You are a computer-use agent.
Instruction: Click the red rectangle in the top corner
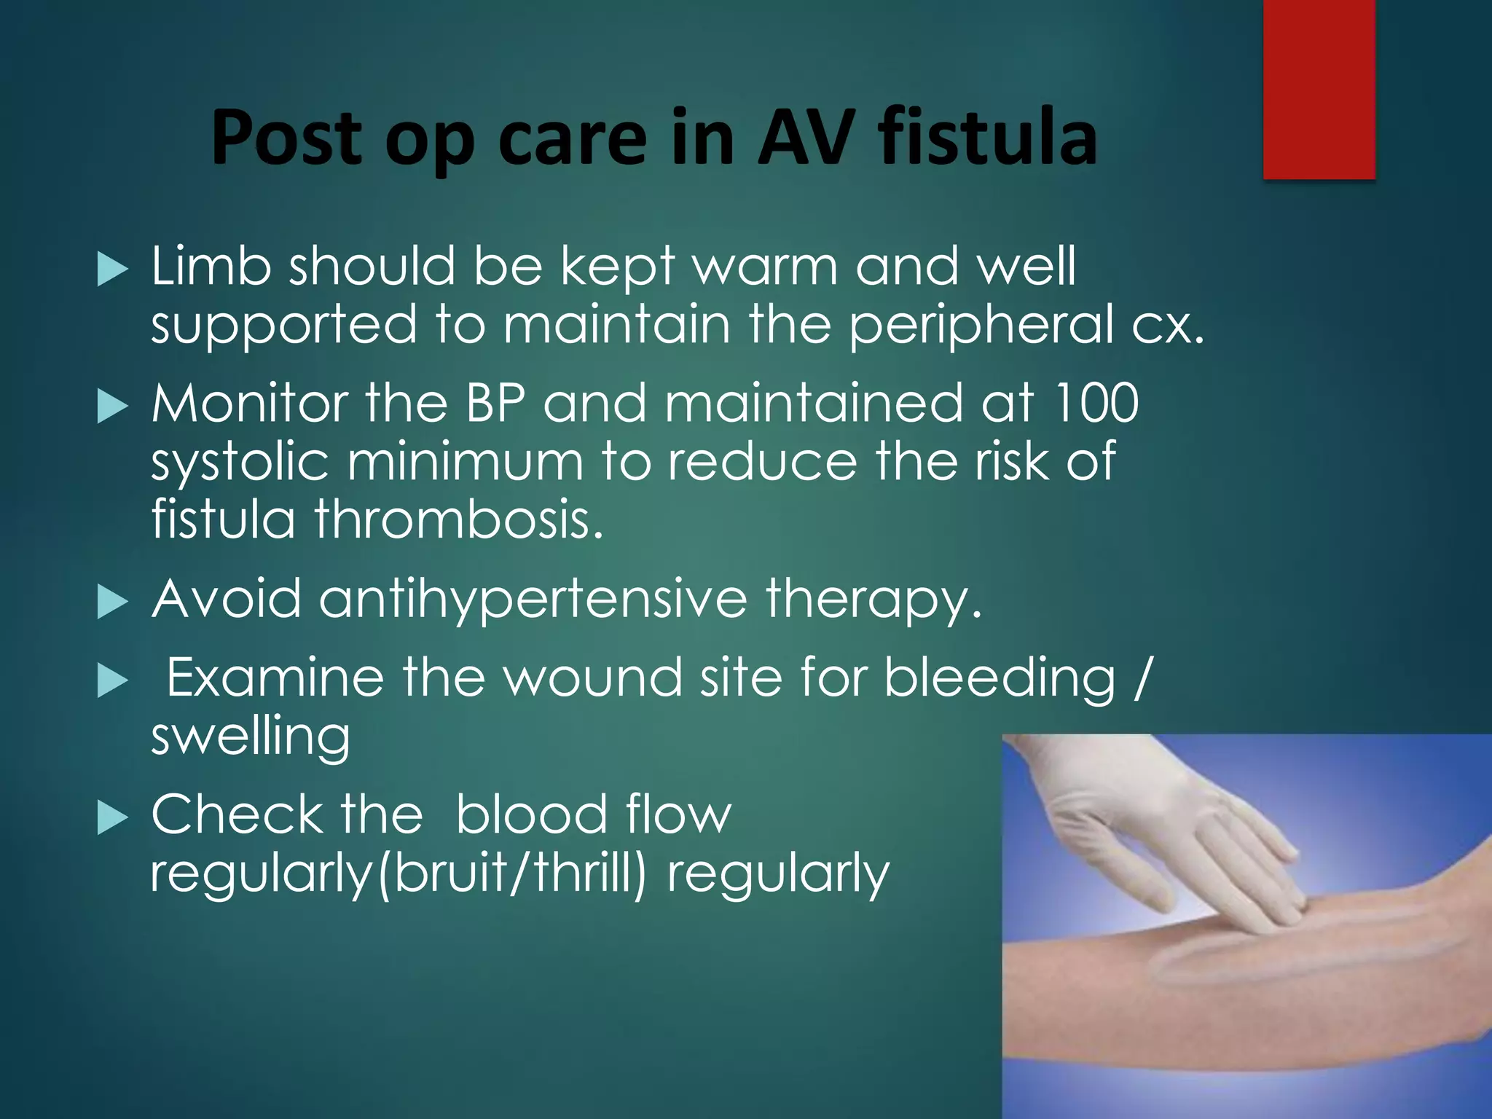click(1319, 89)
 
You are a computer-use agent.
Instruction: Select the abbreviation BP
click(495, 403)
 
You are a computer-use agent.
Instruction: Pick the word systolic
click(240, 463)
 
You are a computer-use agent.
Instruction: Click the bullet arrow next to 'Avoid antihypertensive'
click(112, 603)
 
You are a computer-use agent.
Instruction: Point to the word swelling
click(250, 737)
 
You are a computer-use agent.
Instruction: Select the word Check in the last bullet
click(236, 814)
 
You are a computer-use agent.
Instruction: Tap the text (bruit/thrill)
click(510, 873)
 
